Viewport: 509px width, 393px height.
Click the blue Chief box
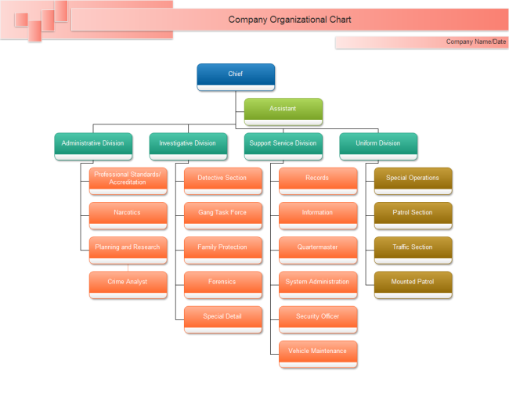pos(236,74)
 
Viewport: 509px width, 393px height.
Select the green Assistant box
pos(283,109)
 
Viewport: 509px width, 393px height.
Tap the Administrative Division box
pos(92,144)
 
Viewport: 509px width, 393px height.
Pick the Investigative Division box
pos(188,144)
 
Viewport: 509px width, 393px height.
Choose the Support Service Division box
pos(283,144)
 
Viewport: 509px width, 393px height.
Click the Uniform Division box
pos(378,144)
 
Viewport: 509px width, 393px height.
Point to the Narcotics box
pos(128,213)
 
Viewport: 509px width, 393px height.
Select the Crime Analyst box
pos(128,282)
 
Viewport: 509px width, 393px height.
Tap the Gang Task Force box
pos(222,213)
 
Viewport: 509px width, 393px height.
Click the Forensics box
pos(222,282)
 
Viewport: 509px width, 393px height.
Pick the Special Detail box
pos(222,317)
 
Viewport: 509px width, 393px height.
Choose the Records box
pos(317,178)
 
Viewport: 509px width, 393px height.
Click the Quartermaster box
pos(317,247)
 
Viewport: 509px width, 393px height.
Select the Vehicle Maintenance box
pos(317,352)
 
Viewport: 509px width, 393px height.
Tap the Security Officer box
pos(317,317)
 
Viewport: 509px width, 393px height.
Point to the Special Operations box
pos(413,178)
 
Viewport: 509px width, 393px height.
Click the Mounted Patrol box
pos(413,282)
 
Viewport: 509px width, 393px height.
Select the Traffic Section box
pos(413,247)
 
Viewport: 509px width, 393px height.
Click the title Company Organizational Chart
pos(290,20)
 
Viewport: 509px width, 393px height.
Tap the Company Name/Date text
pos(475,42)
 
